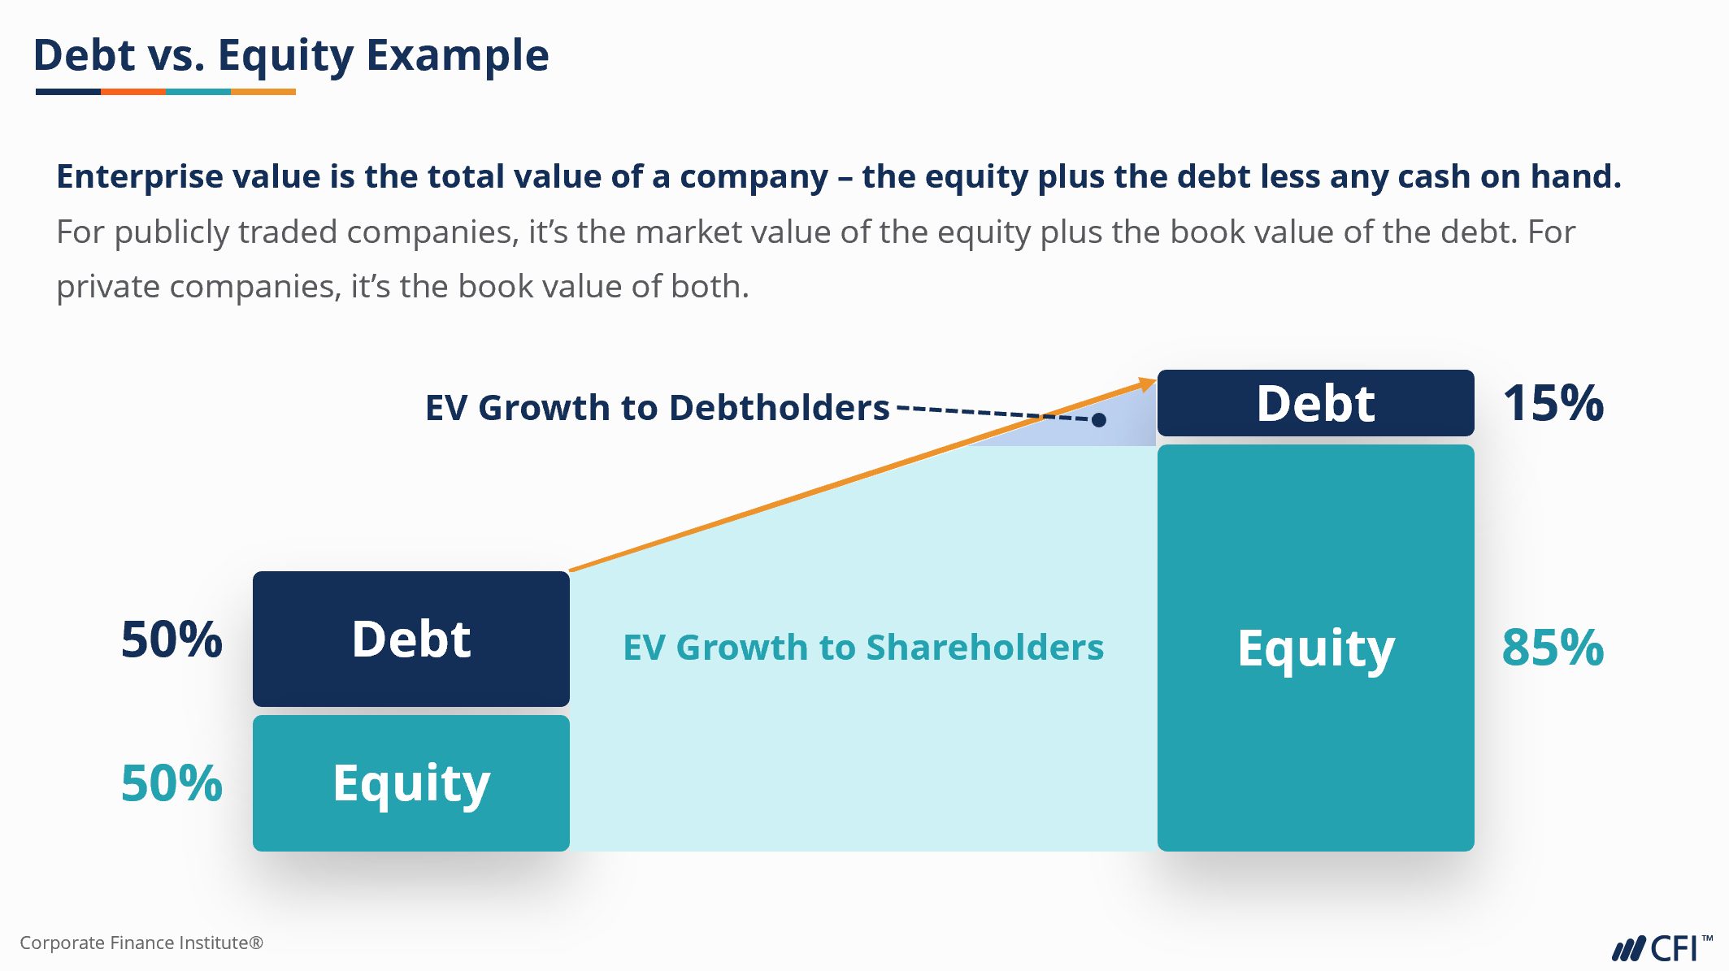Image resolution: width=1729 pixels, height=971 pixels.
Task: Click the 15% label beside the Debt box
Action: (1553, 403)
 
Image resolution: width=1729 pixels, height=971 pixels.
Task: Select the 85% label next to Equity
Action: (1553, 648)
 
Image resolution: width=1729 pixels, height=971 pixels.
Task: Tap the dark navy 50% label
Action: (172, 639)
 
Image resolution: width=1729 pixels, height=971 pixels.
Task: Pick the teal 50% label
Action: (172, 783)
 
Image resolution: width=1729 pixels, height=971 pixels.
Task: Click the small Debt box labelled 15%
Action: (1315, 403)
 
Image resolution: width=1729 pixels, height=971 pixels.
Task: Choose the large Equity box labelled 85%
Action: (1315, 648)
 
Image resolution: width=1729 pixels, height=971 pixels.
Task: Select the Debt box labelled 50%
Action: (411, 639)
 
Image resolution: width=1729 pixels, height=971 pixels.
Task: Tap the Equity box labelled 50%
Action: (411, 783)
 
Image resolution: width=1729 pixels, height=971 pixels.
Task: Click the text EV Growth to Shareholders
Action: (863, 648)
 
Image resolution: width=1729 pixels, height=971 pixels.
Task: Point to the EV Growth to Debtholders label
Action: (657, 407)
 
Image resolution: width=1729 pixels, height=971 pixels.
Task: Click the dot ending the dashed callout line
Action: (1099, 420)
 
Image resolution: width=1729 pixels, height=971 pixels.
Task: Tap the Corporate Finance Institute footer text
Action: (141, 943)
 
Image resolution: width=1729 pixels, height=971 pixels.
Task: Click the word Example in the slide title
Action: (458, 56)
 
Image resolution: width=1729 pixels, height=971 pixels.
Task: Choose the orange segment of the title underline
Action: (133, 92)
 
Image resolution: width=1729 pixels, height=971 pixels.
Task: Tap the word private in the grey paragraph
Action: (108, 287)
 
